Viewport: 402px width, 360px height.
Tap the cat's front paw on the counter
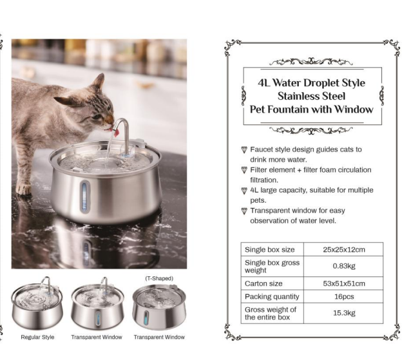click(x=24, y=189)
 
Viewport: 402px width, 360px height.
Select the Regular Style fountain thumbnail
click(x=37, y=303)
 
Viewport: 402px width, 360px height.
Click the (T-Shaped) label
click(x=159, y=278)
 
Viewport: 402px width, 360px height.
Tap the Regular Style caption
click(x=37, y=337)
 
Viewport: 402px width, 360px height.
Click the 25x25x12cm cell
click(x=344, y=250)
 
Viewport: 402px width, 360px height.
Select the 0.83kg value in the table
click(x=344, y=266)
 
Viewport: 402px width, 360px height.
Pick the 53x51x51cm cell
click(x=344, y=283)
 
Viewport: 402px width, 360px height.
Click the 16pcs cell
click(x=344, y=297)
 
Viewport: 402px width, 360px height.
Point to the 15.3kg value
click(x=344, y=313)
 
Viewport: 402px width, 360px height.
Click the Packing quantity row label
click(x=272, y=297)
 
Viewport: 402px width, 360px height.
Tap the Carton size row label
click(x=263, y=283)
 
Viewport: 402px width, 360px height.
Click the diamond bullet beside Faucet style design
click(x=244, y=149)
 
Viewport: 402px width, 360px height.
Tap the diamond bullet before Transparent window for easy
click(x=244, y=211)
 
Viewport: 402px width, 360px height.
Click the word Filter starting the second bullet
click(x=260, y=170)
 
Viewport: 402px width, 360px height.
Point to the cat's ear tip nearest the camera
click(x=103, y=74)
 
